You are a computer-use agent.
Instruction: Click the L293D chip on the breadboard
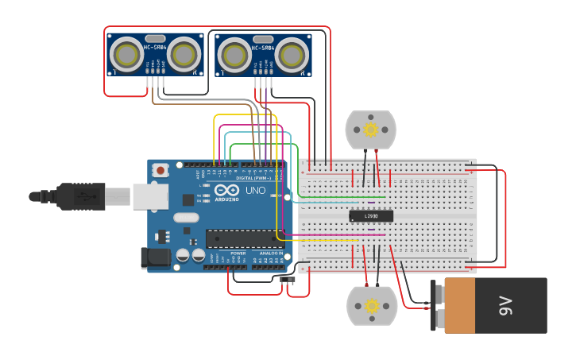click(371, 215)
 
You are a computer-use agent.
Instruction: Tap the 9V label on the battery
click(505, 305)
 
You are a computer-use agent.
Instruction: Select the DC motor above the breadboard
click(370, 130)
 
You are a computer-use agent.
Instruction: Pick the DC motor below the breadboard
click(371, 306)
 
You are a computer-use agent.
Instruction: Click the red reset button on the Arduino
click(161, 170)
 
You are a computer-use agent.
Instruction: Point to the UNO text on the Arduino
click(255, 191)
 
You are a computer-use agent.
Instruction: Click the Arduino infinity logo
click(226, 191)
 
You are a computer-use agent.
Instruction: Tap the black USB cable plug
click(79, 195)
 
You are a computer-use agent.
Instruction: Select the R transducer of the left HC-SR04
click(184, 55)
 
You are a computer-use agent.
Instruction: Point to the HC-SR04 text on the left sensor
click(155, 48)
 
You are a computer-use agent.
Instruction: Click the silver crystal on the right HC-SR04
click(263, 39)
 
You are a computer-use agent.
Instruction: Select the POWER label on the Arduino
click(238, 253)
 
